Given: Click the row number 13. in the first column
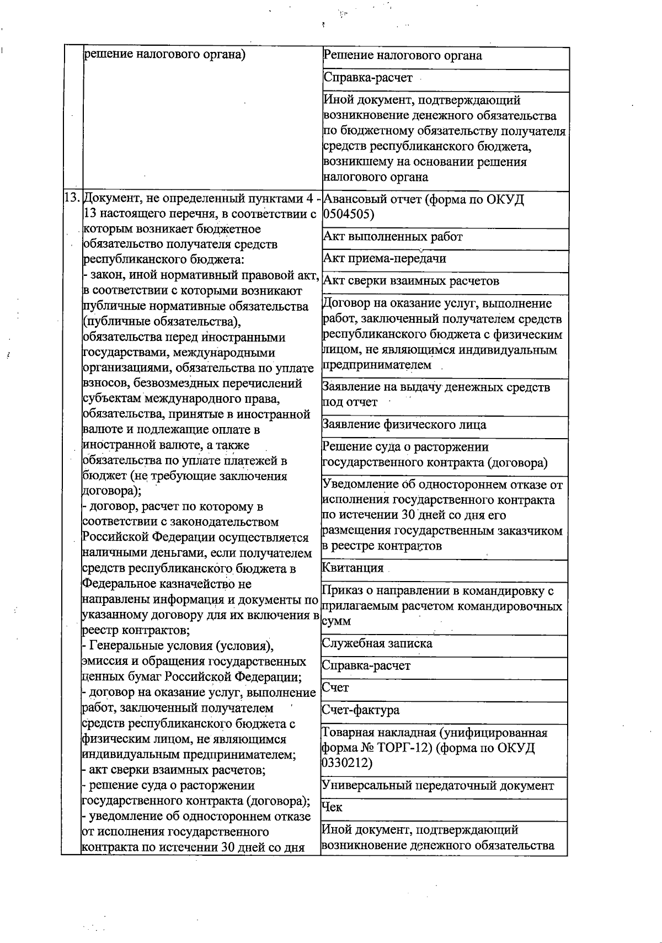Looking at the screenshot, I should click(x=72, y=198).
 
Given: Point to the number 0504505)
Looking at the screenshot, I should click(x=348, y=214).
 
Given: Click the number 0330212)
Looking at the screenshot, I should click(x=346, y=763).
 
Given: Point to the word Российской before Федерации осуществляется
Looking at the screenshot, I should click(x=115, y=537).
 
